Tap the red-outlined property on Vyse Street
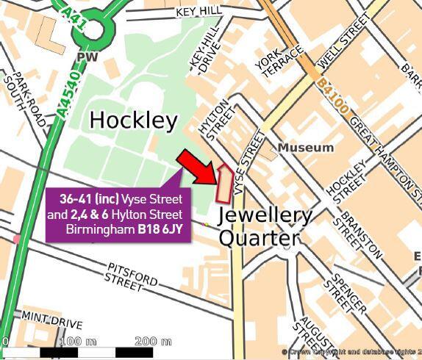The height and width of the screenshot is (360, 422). point(223,184)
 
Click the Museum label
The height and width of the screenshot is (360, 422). point(305,148)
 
